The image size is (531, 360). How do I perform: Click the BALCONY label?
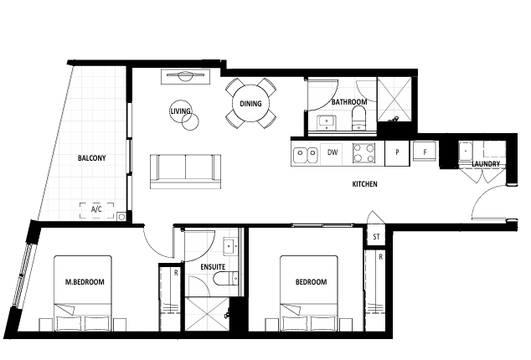pyautogui.click(x=92, y=158)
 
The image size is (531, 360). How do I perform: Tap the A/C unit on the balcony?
pyautogui.click(x=96, y=210)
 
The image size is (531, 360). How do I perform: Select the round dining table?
pyautogui.click(x=250, y=103)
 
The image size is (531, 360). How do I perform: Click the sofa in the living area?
pyautogui.click(x=186, y=171)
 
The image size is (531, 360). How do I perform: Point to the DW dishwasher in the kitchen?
pyautogui.click(x=333, y=152)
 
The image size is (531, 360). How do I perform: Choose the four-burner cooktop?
pyautogui.click(x=363, y=152)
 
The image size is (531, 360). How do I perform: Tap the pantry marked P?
pyautogui.click(x=397, y=152)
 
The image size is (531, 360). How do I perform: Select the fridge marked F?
pyautogui.click(x=425, y=152)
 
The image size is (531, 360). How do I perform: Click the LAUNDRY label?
pyautogui.click(x=486, y=164)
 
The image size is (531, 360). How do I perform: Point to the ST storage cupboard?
pyautogui.click(x=376, y=237)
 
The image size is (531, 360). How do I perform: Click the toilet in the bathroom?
pyautogui.click(x=359, y=118)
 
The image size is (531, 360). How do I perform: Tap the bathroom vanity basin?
pyautogui.click(x=327, y=122)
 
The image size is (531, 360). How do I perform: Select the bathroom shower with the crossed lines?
pyautogui.click(x=394, y=99)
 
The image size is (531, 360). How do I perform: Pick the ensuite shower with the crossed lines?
pyautogui.click(x=207, y=314)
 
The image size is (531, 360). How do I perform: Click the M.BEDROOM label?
pyautogui.click(x=85, y=282)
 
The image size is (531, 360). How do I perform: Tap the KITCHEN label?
pyautogui.click(x=364, y=184)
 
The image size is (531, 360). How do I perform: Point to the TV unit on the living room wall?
pyautogui.click(x=186, y=76)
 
